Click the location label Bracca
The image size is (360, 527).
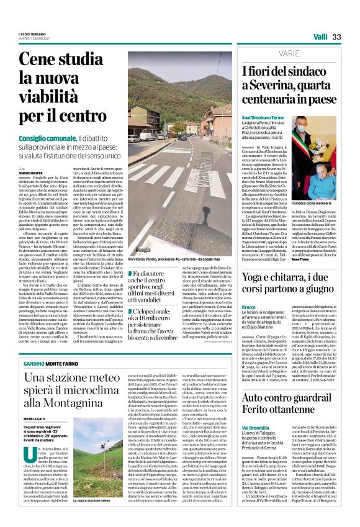point(249,306)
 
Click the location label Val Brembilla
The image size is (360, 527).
point(256,428)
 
